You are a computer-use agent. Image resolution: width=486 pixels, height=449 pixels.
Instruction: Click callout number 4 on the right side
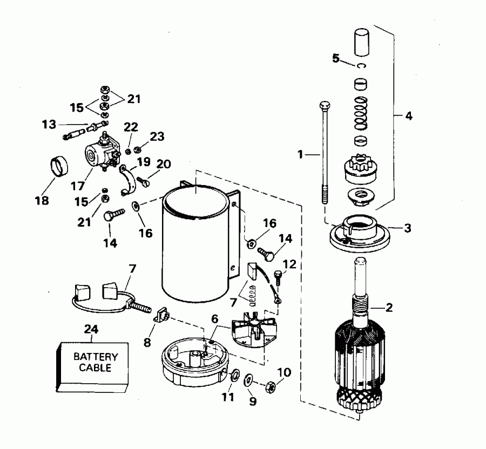(x=409, y=116)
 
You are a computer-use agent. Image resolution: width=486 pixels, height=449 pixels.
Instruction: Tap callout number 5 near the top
(x=335, y=58)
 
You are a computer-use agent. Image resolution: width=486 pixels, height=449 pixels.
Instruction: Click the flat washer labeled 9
(x=250, y=379)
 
